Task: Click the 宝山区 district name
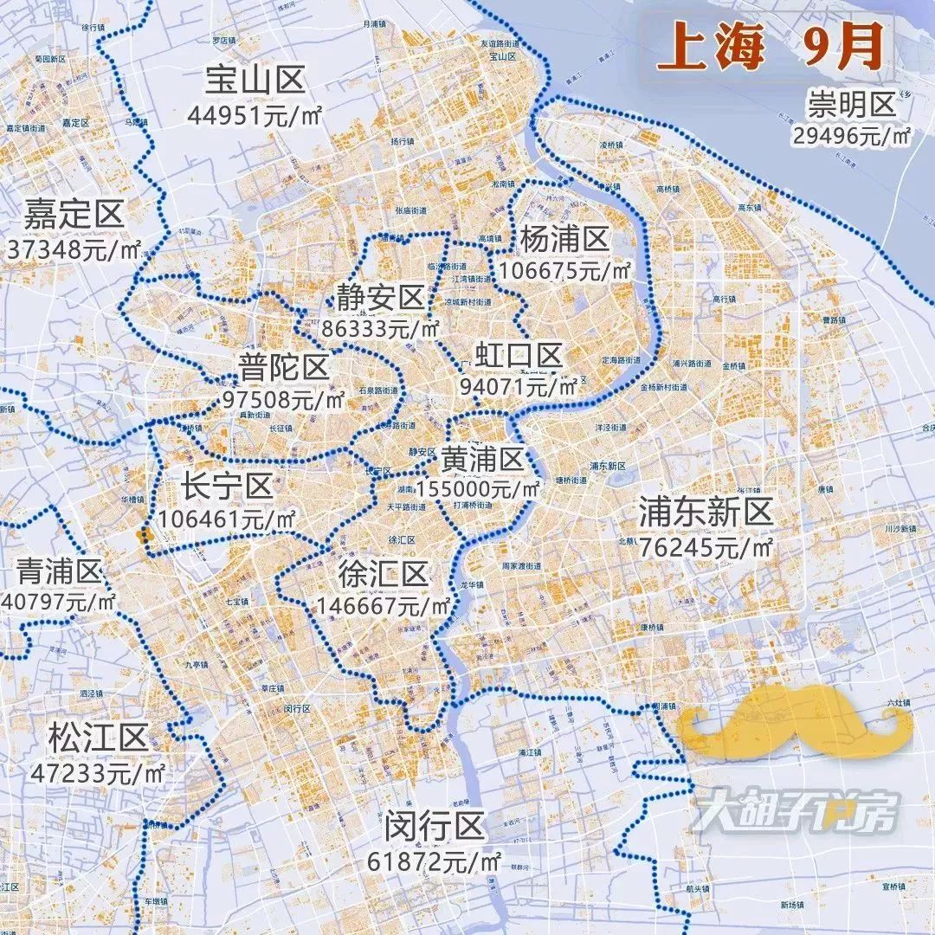click(x=255, y=81)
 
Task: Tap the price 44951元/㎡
click(x=255, y=114)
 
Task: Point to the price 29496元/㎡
click(x=851, y=136)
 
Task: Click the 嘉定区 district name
click(x=74, y=214)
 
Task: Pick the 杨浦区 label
click(x=564, y=238)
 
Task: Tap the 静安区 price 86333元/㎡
click(x=381, y=330)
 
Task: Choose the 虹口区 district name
click(x=519, y=355)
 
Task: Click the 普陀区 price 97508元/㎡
click(x=283, y=400)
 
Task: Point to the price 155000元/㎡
click(x=479, y=489)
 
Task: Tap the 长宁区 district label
click(x=227, y=487)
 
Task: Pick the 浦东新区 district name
click(x=706, y=513)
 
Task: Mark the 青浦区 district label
click(x=60, y=571)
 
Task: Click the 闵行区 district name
click(x=435, y=828)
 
